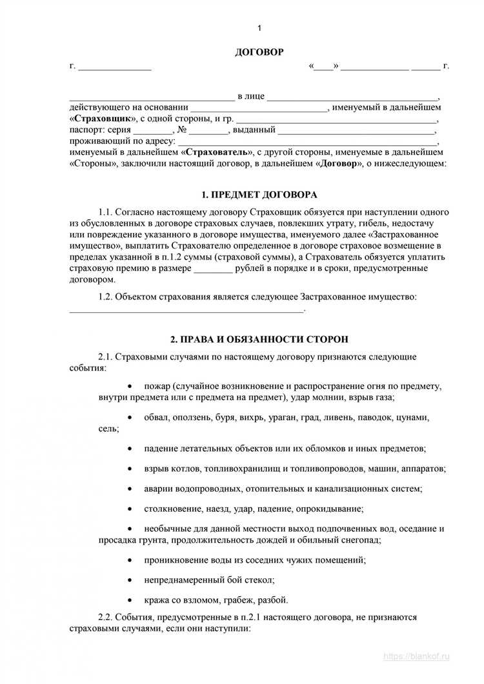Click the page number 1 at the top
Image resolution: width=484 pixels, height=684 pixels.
pyautogui.click(x=259, y=28)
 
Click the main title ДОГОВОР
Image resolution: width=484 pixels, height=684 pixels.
pyautogui.click(x=259, y=52)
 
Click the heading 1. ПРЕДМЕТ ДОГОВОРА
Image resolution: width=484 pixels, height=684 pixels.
pyautogui.click(x=259, y=195)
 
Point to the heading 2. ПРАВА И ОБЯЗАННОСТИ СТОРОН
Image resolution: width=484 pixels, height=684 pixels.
pyautogui.click(x=259, y=339)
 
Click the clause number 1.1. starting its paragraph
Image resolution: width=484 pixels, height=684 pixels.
pyautogui.click(x=106, y=212)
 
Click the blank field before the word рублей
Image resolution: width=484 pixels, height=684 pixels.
pyautogui.click(x=214, y=268)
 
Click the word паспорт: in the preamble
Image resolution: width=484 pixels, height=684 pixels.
pyautogui.click(x=86, y=130)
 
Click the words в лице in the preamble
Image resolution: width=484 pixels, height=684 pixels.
pyautogui.click(x=251, y=97)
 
